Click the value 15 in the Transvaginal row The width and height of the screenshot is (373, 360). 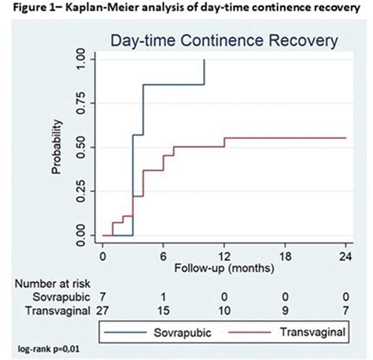(x=164, y=312)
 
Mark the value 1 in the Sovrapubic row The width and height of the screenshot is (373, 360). (x=164, y=297)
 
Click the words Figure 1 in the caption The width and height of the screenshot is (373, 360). (x=28, y=9)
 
